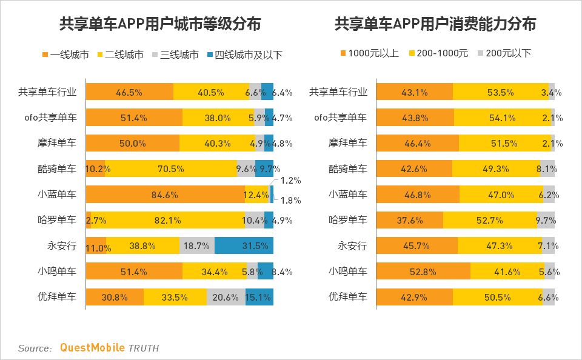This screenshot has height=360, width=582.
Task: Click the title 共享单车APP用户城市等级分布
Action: [x=160, y=24]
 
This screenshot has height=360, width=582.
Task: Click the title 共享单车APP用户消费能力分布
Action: [x=435, y=24]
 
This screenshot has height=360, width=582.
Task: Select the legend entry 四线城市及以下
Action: [x=245, y=55]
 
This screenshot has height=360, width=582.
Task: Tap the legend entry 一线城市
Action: [x=65, y=55]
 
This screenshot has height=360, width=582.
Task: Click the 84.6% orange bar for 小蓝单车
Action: [x=164, y=195]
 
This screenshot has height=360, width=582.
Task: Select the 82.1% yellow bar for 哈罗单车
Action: [x=167, y=220]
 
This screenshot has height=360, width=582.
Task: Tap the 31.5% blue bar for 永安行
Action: [x=244, y=245]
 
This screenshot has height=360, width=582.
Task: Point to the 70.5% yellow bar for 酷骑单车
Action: [x=170, y=169]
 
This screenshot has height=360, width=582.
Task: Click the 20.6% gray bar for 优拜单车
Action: [x=226, y=297]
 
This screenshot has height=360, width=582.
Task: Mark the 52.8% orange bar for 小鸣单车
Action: [x=423, y=271]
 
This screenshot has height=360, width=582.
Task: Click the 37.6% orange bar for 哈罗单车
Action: [x=410, y=220]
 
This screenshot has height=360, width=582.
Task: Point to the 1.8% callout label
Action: [x=291, y=201]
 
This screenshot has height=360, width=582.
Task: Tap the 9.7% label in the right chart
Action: [x=546, y=221]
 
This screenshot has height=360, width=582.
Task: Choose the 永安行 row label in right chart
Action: [x=352, y=245]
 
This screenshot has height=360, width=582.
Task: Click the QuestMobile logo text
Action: [x=92, y=348]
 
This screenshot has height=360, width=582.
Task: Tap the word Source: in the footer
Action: [x=35, y=348]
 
